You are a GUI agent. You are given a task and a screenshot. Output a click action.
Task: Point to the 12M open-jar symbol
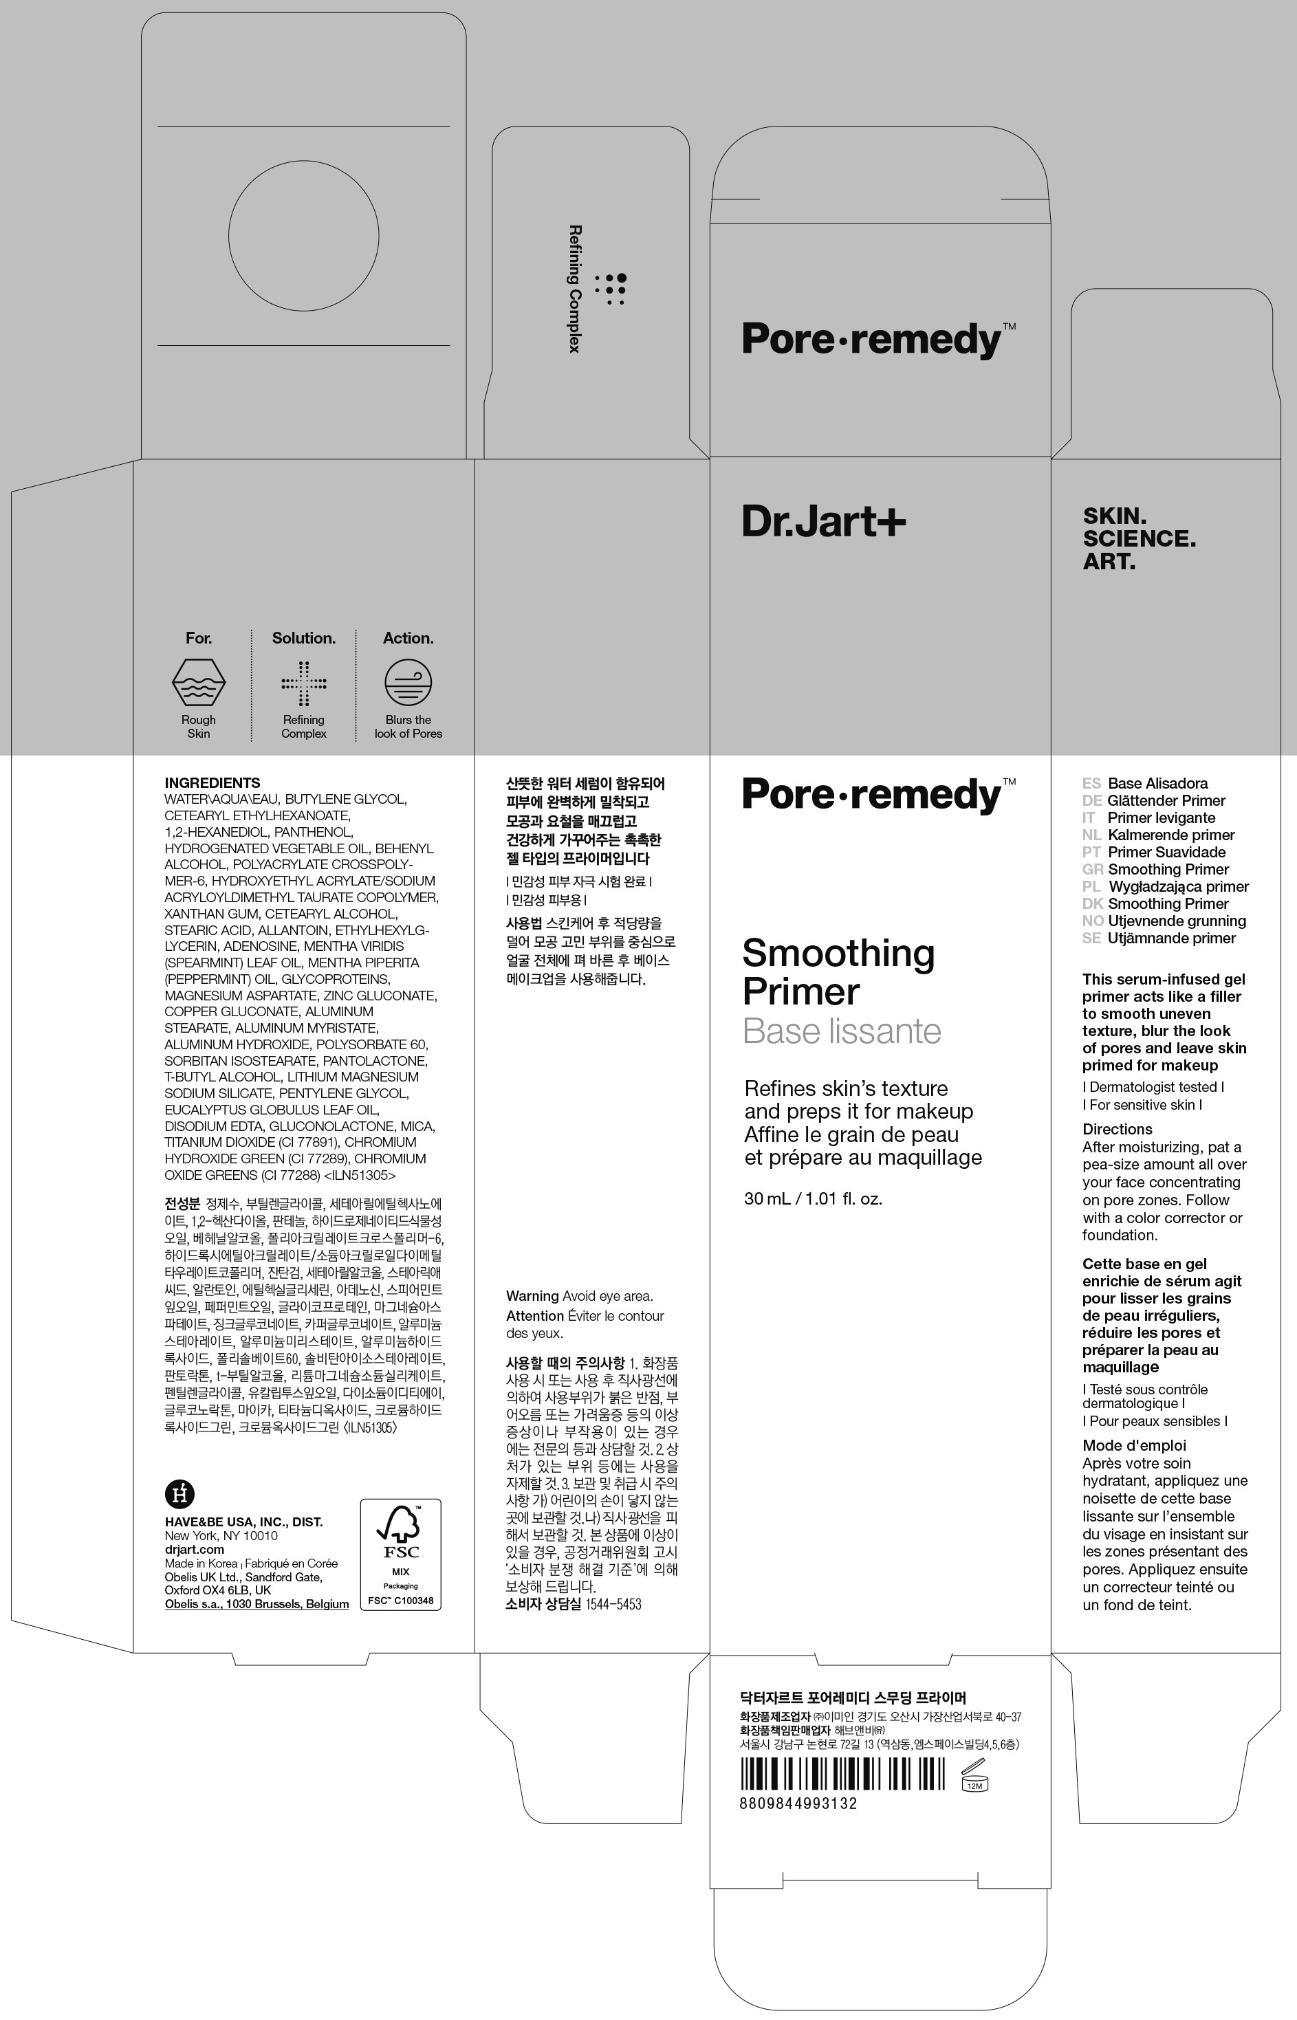click(x=974, y=1776)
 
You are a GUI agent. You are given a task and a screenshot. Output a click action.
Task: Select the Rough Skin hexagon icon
click(x=199, y=681)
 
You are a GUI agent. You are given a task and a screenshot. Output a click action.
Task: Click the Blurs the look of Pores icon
click(x=408, y=681)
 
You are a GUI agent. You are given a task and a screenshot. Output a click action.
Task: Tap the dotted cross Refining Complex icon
click(x=304, y=683)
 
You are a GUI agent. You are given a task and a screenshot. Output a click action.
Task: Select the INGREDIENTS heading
click(x=212, y=782)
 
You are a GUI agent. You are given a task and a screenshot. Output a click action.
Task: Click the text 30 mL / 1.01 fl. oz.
click(x=813, y=1198)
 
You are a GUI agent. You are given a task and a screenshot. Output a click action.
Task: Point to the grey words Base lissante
click(x=841, y=1031)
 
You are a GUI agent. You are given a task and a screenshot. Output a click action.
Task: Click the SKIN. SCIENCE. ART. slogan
click(x=1139, y=538)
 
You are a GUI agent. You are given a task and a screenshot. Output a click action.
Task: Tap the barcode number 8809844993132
click(x=798, y=1803)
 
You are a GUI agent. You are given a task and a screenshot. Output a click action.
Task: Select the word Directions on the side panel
click(x=1117, y=1129)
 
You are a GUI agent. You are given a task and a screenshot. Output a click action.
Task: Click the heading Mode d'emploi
click(x=1133, y=1445)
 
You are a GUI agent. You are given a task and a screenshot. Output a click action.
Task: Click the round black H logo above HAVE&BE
click(x=179, y=1494)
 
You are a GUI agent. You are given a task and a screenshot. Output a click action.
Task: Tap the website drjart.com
click(x=195, y=1548)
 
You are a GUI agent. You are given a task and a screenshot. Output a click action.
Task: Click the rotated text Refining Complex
click(x=575, y=288)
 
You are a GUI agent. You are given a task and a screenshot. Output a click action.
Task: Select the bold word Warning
click(x=532, y=1296)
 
